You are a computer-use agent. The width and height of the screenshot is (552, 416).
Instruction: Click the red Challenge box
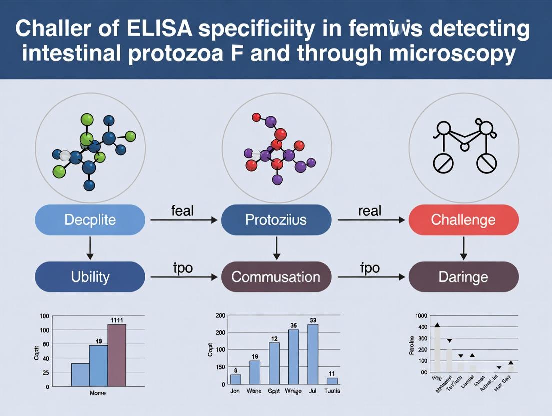[464, 220]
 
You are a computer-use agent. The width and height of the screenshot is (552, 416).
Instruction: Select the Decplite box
[90, 220]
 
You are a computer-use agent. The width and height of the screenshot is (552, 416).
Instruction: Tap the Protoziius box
[276, 220]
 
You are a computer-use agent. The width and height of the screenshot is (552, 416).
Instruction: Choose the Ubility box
[90, 276]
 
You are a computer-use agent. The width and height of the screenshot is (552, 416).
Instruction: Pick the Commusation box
[276, 276]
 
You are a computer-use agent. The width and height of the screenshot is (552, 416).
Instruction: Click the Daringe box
[464, 276]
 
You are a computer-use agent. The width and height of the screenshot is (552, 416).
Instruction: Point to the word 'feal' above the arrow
[182, 211]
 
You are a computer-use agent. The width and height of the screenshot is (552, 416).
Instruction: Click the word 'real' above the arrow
[370, 211]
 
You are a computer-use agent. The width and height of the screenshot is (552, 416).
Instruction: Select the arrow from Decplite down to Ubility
[90, 248]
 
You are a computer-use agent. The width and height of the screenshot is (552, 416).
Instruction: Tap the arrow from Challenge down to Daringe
[464, 248]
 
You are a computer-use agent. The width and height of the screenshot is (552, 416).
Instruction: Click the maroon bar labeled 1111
[117, 355]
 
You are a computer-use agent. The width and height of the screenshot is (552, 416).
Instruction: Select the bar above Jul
[313, 354]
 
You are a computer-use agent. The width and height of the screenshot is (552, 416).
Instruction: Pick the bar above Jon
[236, 379]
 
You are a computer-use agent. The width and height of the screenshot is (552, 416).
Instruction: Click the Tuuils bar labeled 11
[332, 381]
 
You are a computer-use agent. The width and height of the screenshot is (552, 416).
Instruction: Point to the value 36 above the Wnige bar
[294, 326]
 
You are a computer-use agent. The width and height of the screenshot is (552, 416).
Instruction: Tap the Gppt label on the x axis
[274, 391]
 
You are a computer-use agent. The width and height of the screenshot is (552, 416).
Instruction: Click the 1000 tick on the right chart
[421, 316]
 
